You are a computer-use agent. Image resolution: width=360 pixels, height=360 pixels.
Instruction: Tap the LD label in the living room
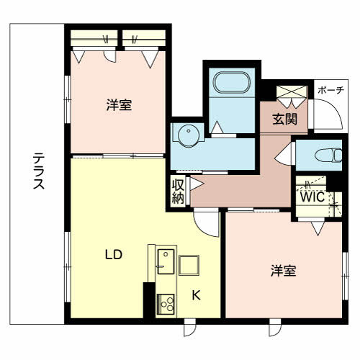[112, 255]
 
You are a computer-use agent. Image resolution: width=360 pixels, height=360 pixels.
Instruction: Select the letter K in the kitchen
[196, 294]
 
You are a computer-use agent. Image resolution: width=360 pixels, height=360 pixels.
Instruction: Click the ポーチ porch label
[330, 91]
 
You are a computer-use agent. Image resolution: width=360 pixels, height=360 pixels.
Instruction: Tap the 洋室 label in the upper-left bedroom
[119, 105]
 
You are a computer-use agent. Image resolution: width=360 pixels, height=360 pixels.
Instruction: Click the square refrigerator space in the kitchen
[189, 264]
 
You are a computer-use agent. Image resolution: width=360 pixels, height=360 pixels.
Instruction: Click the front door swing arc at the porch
[329, 115]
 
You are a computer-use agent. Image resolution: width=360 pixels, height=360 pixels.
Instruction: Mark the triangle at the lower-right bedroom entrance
[317, 230]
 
